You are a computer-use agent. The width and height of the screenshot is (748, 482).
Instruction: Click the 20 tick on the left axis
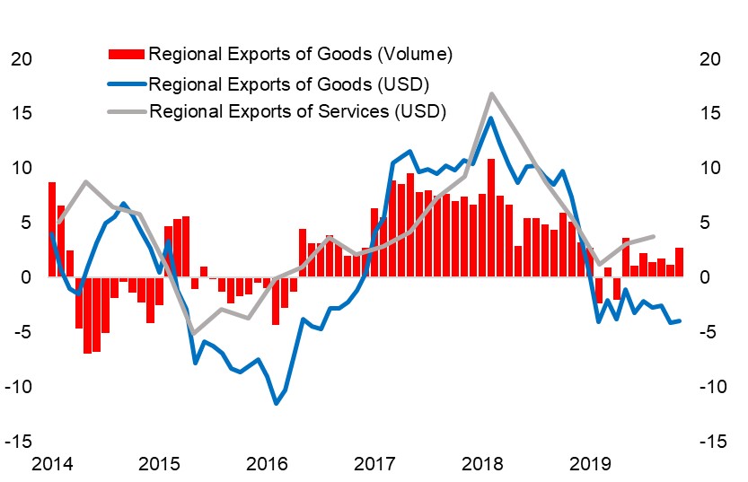(21, 59)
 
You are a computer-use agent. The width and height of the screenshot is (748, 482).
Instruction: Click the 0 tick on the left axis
(26, 277)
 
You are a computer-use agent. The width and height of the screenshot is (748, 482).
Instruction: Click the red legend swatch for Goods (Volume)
(127, 55)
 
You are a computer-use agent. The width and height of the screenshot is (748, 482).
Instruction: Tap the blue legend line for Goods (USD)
(127, 84)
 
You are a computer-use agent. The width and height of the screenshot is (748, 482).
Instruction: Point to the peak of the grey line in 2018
(491, 93)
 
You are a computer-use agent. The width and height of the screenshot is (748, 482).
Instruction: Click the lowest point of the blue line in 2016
(276, 403)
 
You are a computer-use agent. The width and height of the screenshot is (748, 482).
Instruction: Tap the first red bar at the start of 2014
(52, 229)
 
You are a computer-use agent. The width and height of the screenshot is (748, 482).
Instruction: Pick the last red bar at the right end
(679, 262)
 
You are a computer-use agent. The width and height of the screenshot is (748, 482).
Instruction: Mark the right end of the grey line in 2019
(653, 236)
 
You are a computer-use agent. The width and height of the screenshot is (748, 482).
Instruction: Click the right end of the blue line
(679, 320)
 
